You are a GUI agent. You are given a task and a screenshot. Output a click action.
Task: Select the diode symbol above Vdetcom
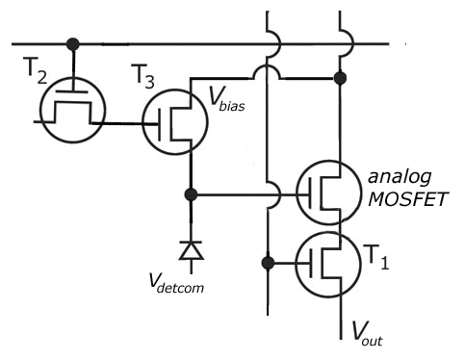click(x=191, y=250)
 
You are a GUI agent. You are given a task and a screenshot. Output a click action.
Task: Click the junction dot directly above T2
click(x=71, y=44)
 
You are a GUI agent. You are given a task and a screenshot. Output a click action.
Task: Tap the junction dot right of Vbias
click(x=339, y=76)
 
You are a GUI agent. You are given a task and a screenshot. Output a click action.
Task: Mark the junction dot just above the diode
click(x=191, y=194)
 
